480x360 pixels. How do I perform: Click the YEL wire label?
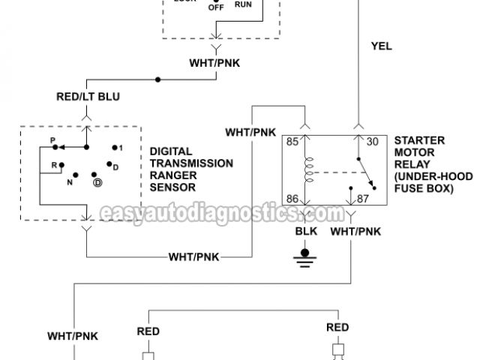[x=381, y=46]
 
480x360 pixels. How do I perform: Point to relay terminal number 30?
[x=371, y=139]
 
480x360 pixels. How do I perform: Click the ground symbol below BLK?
[x=304, y=259]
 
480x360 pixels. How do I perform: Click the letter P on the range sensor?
[x=52, y=140]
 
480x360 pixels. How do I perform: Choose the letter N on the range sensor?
[x=70, y=181]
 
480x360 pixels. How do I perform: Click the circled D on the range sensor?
[x=97, y=182]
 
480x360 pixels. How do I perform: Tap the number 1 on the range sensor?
[x=119, y=148]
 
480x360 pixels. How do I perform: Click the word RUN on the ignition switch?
[x=244, y=4]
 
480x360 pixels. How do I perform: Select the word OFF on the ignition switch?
[x=216, y=7]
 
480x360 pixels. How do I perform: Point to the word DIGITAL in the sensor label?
[x=171, y=151]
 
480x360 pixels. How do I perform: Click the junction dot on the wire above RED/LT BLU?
[x=158, y=79]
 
